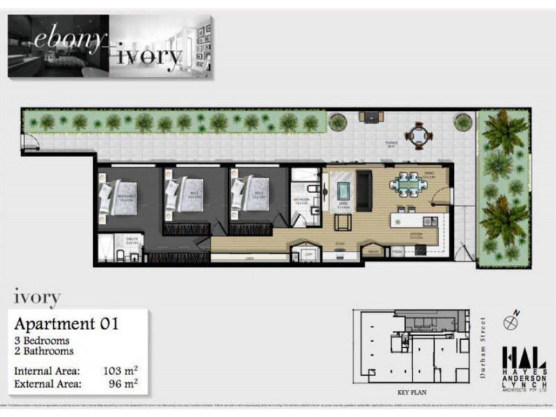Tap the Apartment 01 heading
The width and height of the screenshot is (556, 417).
click(x=67, y=324)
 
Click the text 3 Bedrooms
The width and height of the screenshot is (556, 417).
click(x=42, y=341)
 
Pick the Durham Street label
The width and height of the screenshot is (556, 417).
click(x=483, y=347)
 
